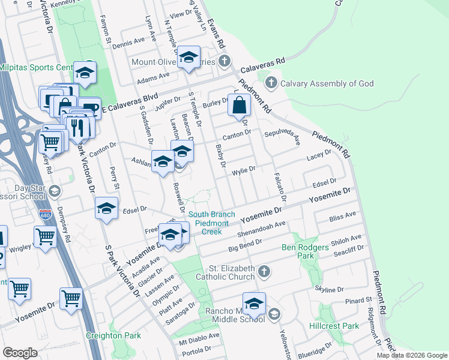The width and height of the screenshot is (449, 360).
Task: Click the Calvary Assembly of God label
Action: [327, 83]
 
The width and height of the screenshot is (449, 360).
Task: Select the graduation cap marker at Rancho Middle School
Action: [254, 304]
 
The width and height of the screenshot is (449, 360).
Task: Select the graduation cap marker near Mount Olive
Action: [189, 58]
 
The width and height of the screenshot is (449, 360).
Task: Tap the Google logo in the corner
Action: [20, 353]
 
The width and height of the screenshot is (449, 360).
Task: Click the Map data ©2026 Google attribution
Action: [411, 355]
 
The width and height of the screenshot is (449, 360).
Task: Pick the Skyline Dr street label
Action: [331, 290]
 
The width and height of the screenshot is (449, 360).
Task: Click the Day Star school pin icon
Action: [55, 191]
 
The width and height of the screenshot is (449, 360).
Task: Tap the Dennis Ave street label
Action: [128, 43]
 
